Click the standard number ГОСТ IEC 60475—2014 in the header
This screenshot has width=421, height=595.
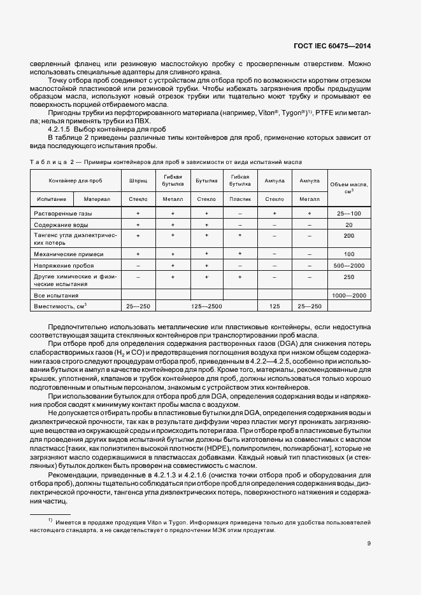click(342, 46)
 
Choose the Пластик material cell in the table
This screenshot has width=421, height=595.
click(240, 199)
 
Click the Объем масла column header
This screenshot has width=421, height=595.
click(348, 187)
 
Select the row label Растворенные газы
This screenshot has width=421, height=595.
click(63, 214)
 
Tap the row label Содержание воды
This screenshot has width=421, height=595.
click(61, 225)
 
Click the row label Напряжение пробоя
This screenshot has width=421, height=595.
click(65, 264)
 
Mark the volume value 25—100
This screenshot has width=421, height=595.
click(348, 214)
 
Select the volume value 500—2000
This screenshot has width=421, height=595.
click(348, 264)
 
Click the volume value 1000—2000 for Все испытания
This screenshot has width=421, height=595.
click(348, 296)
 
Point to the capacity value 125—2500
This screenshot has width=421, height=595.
click(206, 306)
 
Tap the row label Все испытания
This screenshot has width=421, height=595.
click(57, 296)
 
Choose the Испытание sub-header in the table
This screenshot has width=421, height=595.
click(52, 199)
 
